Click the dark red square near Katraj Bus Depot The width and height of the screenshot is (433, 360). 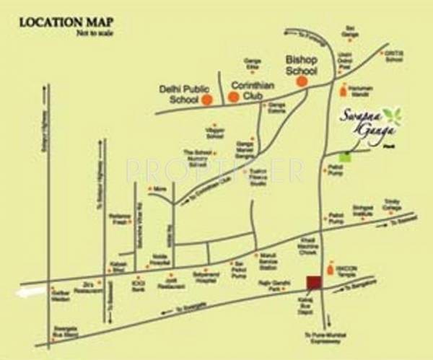pos(312,281)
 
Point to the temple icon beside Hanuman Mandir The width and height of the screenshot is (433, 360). pos(342,91)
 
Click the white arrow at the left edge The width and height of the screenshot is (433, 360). pos(27,293)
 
